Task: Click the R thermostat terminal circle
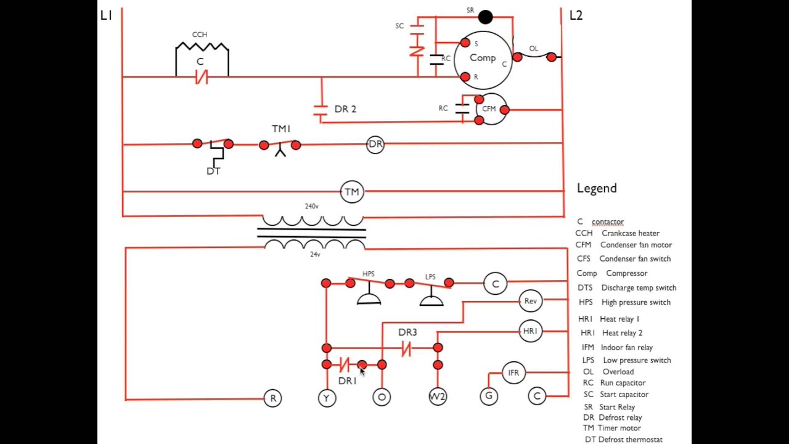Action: [272, 398]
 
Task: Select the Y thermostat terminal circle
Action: [327, 398]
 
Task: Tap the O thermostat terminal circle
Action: [382, 397]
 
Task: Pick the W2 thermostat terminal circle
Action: [437, 397]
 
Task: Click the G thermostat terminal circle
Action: [489, 396]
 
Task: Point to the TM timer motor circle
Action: [352, 192]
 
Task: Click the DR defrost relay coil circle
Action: [375, 144]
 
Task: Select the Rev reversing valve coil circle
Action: [531, 301]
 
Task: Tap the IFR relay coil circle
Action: [513, 373]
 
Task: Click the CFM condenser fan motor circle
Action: [490, 109]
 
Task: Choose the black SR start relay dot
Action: [486, 17]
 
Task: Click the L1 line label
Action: [106, 16]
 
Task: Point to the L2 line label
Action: [576, 16]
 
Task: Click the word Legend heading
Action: [597, 189]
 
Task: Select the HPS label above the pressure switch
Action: [369, 274]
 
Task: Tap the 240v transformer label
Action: [312, 207]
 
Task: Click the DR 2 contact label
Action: [345, 109]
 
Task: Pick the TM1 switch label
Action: [281, 129]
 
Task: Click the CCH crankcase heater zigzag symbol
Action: [202, 47]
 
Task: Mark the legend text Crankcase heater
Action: [631, 233]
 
